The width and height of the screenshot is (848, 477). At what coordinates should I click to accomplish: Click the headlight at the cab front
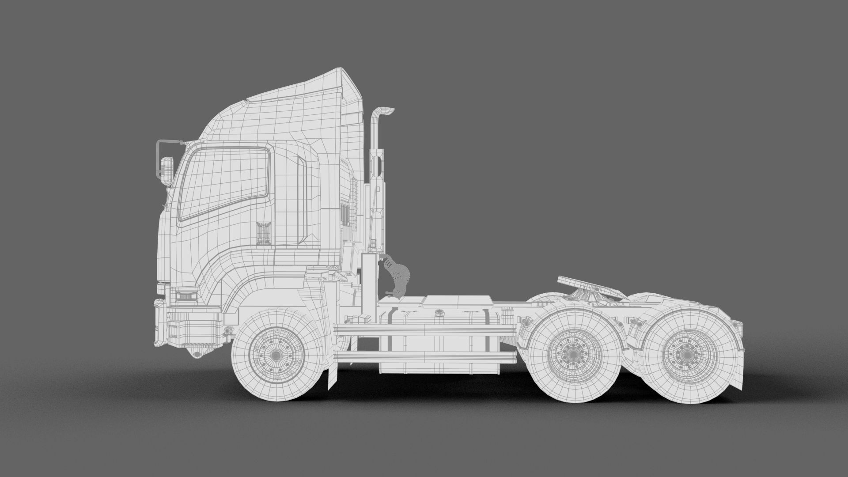(186, 295)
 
